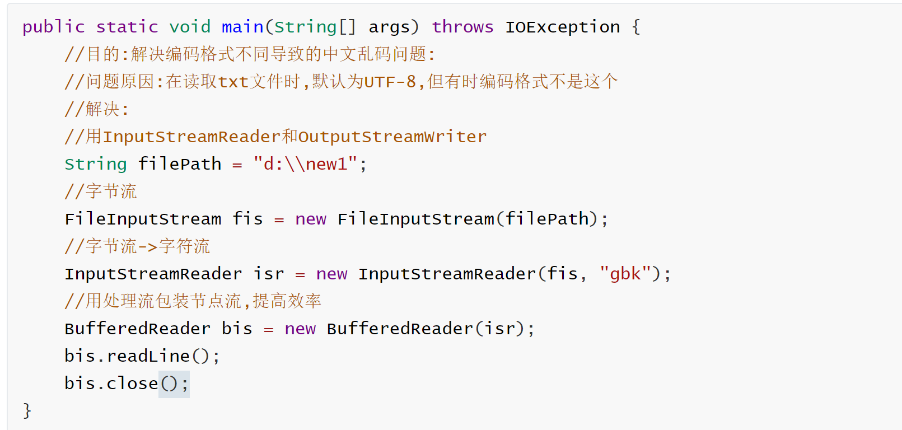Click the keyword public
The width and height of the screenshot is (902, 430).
click(x=53, y=27)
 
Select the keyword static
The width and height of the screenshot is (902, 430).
click(x=127, y=27)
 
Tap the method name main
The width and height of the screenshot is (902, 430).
click(x=242, y=27)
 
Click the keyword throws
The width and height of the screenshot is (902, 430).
click(x=462, y=27)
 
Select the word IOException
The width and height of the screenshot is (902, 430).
click(x=563, y=27)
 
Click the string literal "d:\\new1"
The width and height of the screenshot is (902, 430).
click(x=305, y=164)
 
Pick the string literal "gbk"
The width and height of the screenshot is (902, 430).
click(x=625, y=274)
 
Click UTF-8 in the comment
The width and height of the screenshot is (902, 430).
click(x=390, y=82)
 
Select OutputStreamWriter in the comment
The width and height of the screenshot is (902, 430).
click(x=392, y=137)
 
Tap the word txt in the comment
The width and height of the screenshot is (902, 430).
click(x=233, y=82)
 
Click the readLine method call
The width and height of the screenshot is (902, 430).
click(x=148, y=356)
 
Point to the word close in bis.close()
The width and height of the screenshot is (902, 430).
click(x=133, y=384)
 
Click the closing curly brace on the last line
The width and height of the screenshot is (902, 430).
click(x=27, y=411)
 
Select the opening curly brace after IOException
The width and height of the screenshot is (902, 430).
click(x=635, y=27)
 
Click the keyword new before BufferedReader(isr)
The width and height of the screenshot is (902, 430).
click(x=300, y=329)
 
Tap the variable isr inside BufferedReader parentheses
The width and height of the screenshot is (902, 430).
click(x=499, y=329)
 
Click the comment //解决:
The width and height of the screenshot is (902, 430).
click(x=97, y=109)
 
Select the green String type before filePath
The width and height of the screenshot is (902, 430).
click(x=96, y=164)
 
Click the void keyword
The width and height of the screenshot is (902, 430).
click(x=190, y=27)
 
